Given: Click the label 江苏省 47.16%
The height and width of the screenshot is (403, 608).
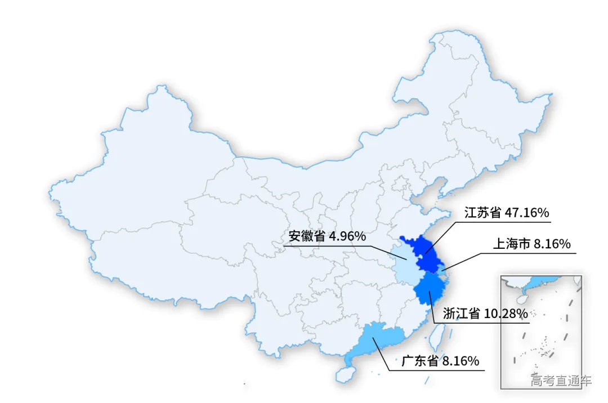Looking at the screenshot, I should (506, 213).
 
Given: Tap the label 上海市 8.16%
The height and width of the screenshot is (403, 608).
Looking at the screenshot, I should (532, 244).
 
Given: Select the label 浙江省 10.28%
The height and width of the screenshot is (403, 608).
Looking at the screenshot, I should (485, 313).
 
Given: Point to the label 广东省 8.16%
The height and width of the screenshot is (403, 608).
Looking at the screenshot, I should (440, 360).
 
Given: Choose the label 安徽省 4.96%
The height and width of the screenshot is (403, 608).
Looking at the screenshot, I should (327, 236).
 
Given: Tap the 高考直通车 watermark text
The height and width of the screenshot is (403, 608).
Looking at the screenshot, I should (561, 381).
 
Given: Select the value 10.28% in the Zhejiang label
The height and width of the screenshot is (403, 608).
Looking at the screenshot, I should (506, 313).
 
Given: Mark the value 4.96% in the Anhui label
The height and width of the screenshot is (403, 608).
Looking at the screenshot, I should (347, 236).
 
